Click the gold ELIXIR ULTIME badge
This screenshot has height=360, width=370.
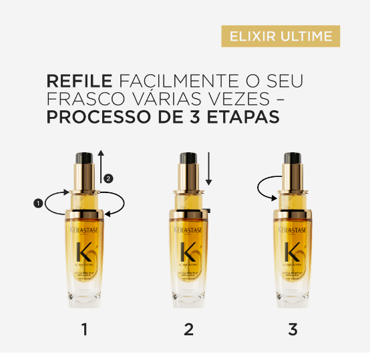click(x=281, y=36)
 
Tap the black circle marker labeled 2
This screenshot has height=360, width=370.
click(x=110, y=178)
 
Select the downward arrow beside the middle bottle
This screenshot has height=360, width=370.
click(x=208, y=170)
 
